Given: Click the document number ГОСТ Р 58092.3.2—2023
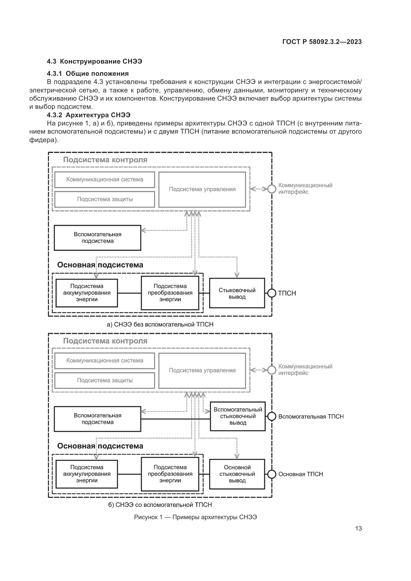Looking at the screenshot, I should [x=322, y=42].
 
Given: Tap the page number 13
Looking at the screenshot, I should [x=358, y=528].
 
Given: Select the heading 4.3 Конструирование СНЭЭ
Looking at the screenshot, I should [x=94, y=62].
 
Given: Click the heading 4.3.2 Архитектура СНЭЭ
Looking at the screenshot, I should [x=88, y=115].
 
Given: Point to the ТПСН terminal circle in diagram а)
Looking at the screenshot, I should [x=272, y=293].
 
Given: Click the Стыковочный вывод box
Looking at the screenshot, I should [x=237, y=293].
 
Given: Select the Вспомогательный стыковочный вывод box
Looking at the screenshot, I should [x=238, y=416].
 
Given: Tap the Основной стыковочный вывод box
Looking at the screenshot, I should [x=237, y=474].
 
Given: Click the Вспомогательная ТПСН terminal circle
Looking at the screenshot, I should [x=272, y=417].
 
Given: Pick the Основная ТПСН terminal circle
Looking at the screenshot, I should [x=272, y=474].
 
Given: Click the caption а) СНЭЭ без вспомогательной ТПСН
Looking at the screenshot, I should [x=160, y=324].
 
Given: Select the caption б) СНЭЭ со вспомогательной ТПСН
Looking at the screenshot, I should [x=160, y=505].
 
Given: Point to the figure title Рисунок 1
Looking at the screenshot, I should [x=195, y=517].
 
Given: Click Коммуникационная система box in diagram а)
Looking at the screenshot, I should [x=105, y=180].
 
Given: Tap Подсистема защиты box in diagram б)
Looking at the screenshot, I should [x=105, y=380].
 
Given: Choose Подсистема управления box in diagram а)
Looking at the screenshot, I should [x=202, y=190].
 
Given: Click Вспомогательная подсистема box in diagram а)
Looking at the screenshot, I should [x=97, y=238].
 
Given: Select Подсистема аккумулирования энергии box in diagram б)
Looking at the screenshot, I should [x=86, y=474].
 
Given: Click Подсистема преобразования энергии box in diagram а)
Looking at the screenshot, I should [x=170, y=293].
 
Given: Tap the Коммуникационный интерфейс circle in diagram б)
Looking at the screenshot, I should [x=272, y=370].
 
